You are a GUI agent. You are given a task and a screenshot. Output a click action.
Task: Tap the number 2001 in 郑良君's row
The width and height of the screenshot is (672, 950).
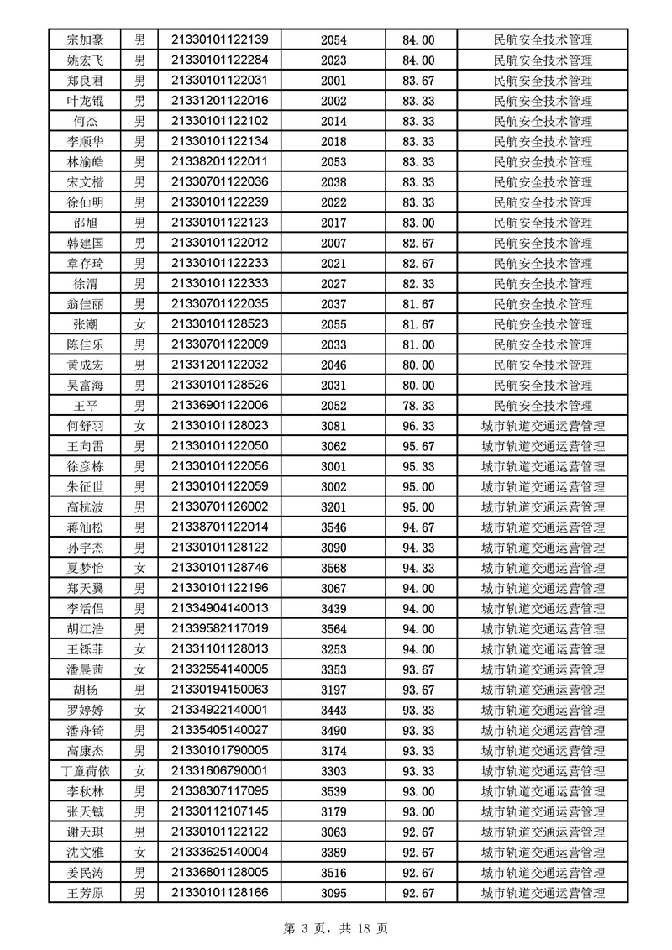tap(333, 81)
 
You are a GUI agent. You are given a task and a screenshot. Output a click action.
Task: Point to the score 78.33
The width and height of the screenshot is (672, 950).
tap(418, 406)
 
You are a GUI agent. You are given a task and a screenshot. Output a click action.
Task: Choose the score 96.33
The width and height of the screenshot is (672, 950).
tap(418, 426)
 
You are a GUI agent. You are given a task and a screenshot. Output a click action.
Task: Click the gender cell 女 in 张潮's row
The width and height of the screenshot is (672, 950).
tap(140, 324)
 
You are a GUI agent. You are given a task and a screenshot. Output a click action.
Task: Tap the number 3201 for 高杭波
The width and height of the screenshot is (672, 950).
tap(333, 507)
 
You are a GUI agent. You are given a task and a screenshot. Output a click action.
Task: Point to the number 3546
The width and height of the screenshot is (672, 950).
tap(333, 527)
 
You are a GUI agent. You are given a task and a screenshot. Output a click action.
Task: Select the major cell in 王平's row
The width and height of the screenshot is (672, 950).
tap(543, 406)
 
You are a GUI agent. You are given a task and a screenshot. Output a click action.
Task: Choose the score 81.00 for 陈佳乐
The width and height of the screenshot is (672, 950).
tap(418, 344)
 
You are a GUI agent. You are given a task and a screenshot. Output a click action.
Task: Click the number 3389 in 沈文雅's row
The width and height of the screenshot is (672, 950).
tap(333, 853)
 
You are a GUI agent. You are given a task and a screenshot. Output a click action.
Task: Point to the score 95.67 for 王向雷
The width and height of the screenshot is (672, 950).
tap(418, 446)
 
